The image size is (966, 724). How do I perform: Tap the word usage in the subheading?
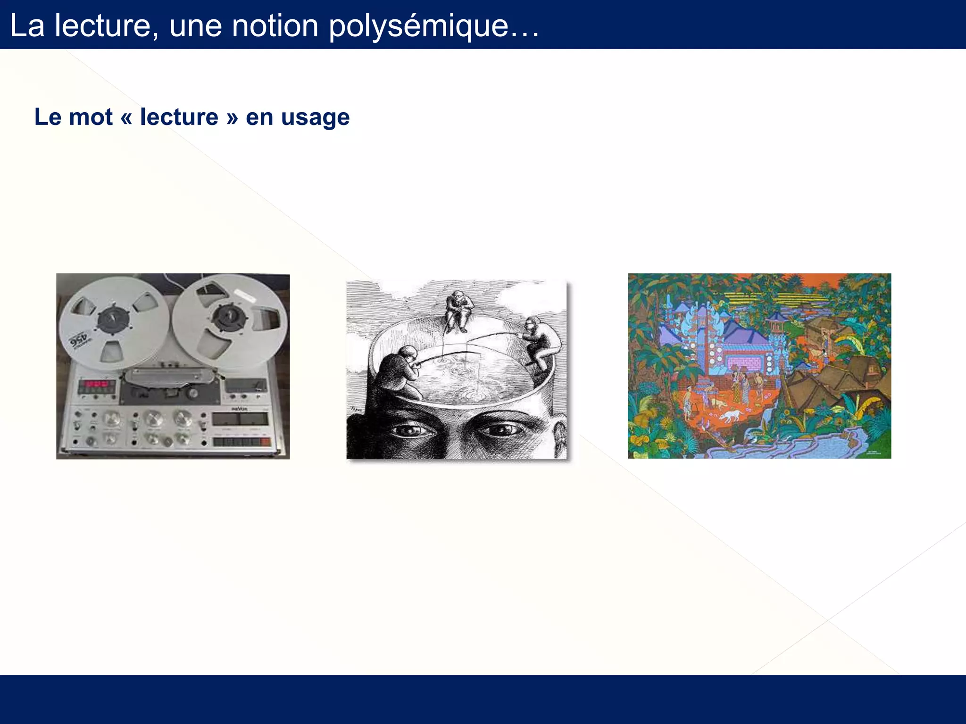coord(315,117)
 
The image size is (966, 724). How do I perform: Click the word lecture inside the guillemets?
coord(179,117)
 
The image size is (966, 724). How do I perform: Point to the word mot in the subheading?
coord(91,117)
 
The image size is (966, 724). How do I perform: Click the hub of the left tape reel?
coord(113,320)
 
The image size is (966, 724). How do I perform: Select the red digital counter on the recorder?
coord(96,384)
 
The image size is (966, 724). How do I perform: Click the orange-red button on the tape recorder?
coord(265,442)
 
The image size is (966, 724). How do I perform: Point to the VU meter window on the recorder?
coord(241,419)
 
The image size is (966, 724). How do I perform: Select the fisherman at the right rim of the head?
coord(541,342)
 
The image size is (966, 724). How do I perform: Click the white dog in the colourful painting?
coord(731,415)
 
